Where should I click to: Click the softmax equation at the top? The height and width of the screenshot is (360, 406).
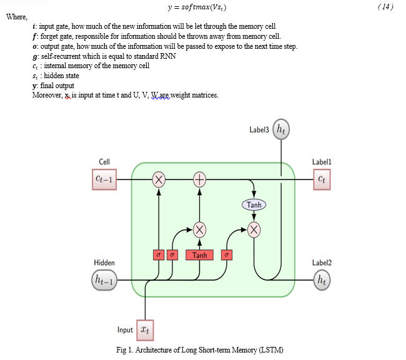[x=197, y=7]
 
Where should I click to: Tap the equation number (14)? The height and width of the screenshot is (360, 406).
[x=386, y=7]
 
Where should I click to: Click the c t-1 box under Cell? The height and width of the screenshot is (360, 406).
[x=105, y=180]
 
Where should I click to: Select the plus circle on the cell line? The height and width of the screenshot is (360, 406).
[x=200, y=181]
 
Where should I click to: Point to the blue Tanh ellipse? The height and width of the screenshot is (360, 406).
[x=254, y=205]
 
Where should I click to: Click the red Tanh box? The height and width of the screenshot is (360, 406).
[x=200, y=255]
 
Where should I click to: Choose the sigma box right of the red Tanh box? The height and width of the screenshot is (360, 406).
[x=227, y=255]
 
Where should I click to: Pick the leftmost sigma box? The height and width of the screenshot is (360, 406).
[x=159, y=255]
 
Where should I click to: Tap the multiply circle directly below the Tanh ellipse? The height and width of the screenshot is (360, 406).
[x=254, y=229]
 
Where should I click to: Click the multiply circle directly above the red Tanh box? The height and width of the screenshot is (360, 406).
[x=200, y=229]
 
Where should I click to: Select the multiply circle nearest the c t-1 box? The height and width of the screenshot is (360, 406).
[x=159, y=181]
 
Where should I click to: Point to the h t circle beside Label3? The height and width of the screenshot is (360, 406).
[x=282, y=130]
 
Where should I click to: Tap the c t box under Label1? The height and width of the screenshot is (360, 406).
[x=321, y=180]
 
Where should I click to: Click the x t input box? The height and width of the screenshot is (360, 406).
[x=146, y=329]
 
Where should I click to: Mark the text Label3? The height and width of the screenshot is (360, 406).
[x=259, y=130]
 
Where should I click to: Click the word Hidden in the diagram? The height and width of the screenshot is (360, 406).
[x=104, y=262]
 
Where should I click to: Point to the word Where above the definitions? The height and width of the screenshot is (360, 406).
[x=16, y=17]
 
